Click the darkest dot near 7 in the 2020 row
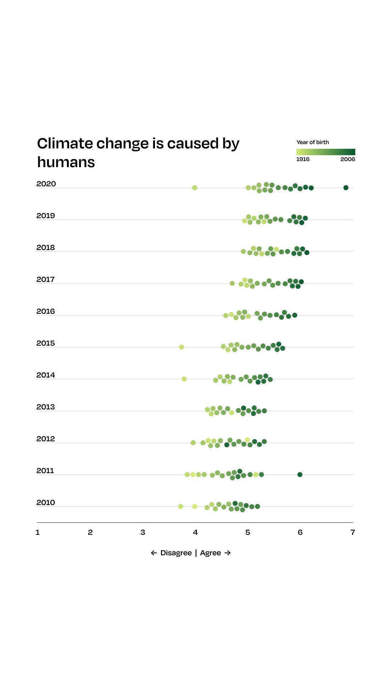(x=346, y=188)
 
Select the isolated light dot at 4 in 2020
(x=195, y=188)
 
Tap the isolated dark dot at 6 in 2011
(x=300, y=475)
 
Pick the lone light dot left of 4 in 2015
(x=182, y=347)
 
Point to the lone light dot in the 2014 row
(x=184, y=379)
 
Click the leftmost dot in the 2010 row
(x=181, y=506)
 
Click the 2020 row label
(x=46, y=184)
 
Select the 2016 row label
(x=46, y=311)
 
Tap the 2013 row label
(x=46, y=407)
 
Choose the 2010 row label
(x=46, y=503)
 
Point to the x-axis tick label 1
(x=38, y=532)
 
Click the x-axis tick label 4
(x=195, y=532)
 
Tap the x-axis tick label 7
(x=353, y=532)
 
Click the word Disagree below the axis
(x=176, y=553)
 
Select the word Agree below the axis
(x=210, y=553)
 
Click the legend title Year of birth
(x=313, y=142)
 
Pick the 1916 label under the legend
(x=303, y=159)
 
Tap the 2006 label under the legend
(x=348, y=159)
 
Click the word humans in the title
(x=66, y=162)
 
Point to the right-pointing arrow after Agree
(x=228, y=553)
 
